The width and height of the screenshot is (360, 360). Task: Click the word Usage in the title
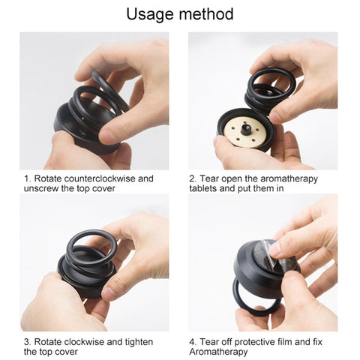pos(151,15)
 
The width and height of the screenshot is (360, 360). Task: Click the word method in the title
pos(206,13)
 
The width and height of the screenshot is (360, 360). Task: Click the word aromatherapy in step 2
pos(289,179)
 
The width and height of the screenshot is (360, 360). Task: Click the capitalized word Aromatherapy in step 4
pos(218,352)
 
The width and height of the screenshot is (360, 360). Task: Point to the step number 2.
pos(193,178)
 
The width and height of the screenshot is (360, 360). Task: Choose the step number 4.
pos(193,342)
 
